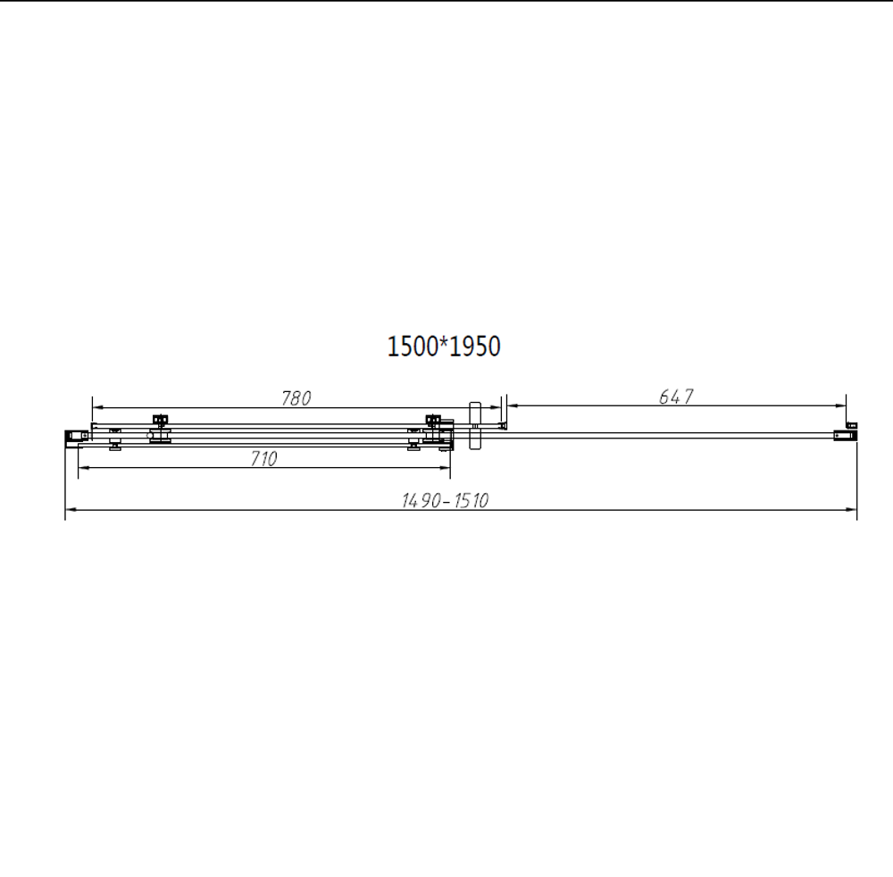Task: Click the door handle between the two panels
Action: coord(474,428)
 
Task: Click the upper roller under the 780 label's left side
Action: coord(161,421)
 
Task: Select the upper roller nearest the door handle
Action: coord(435,421)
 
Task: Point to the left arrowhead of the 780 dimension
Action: coord(96,405)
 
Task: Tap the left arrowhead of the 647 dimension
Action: coord(511,405)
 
